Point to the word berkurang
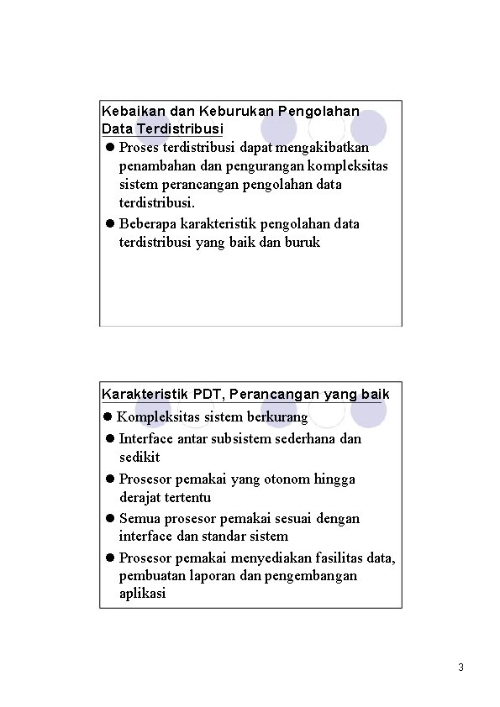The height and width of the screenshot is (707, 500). tap(279, 417)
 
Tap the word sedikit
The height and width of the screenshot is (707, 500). tap(139, 458)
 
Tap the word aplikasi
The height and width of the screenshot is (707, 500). tap(143, 594)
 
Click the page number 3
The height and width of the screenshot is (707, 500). tap(461, 668)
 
